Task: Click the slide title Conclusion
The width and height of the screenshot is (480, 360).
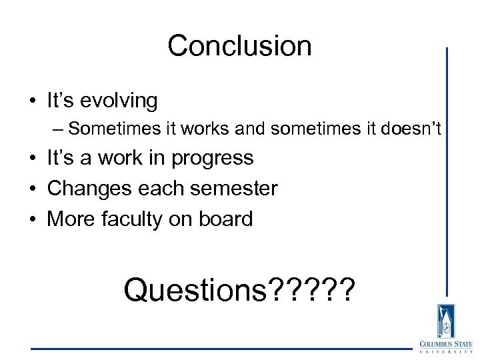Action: click(x=239, y=46)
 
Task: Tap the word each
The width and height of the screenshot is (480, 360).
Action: click(x=155, y=189)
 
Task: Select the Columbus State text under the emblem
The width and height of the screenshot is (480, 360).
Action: click(x=443, y=344)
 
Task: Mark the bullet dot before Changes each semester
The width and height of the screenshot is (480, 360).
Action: click(x=31, y=189)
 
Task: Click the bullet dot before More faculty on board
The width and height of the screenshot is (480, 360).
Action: click(x=31, y=219)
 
